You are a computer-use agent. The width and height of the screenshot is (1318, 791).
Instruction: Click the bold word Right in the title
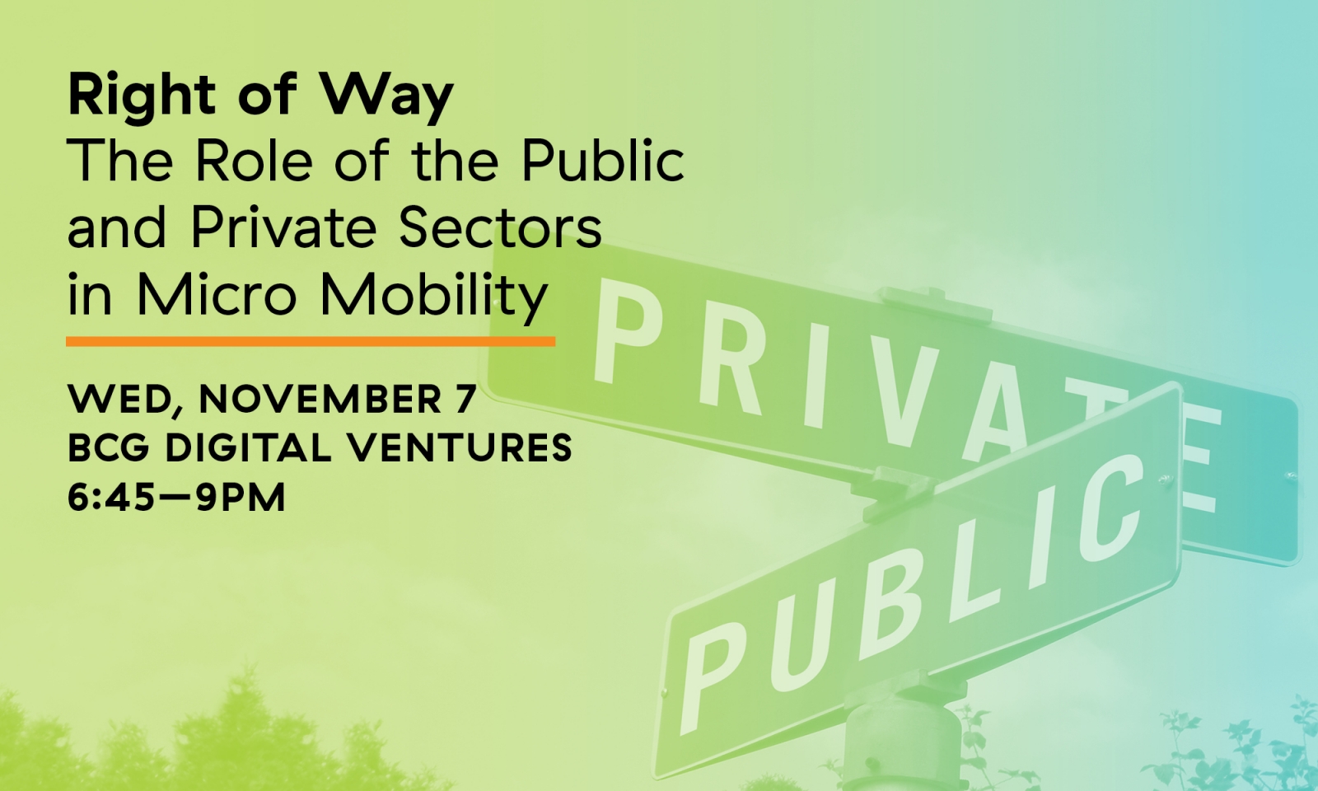coord(142,97)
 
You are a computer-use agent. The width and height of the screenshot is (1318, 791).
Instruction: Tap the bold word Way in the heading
coord(387,97)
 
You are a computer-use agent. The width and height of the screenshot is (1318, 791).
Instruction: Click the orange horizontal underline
coord(311,341)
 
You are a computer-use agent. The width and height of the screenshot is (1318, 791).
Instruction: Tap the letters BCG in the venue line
coord(110,448)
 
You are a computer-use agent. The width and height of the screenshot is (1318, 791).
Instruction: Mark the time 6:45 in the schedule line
coord(113,498)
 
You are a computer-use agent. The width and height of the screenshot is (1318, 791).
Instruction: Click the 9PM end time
coord(240,498)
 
